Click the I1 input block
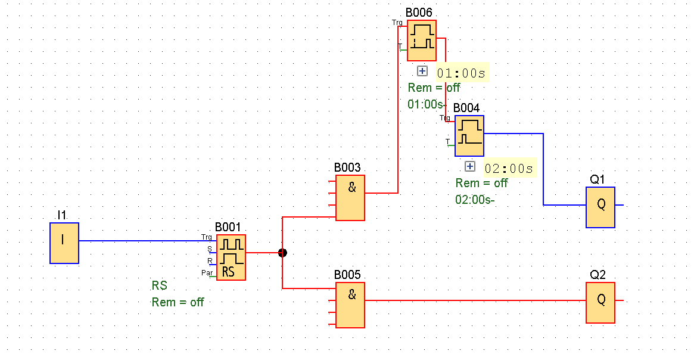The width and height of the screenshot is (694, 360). (64, 243)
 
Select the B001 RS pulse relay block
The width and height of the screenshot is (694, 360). (231, 257)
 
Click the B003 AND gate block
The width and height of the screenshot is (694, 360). (350, 197)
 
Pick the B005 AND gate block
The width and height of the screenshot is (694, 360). (350, 305)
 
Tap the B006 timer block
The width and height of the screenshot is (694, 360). (422, 41)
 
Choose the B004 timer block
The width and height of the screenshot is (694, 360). (469, 136)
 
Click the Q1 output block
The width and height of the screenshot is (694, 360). (600, 207)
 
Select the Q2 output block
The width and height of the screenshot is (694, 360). (600, 303)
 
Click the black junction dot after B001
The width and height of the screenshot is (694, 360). (282, 253)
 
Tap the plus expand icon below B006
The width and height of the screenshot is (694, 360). (422, 71)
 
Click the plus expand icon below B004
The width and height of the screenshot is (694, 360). (469, 166)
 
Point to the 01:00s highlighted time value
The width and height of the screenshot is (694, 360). (461, 73)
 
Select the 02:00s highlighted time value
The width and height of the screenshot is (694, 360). (509, 169)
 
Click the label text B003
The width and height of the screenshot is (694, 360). (347, 168)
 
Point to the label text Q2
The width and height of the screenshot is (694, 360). (597, 275)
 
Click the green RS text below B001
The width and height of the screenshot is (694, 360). (159, 285)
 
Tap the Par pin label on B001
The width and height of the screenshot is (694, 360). (207, 273)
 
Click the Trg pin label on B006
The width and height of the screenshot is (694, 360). (397, 23)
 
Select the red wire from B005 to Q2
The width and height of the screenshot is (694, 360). (475, 300)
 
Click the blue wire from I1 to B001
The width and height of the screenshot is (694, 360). (147, 241)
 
